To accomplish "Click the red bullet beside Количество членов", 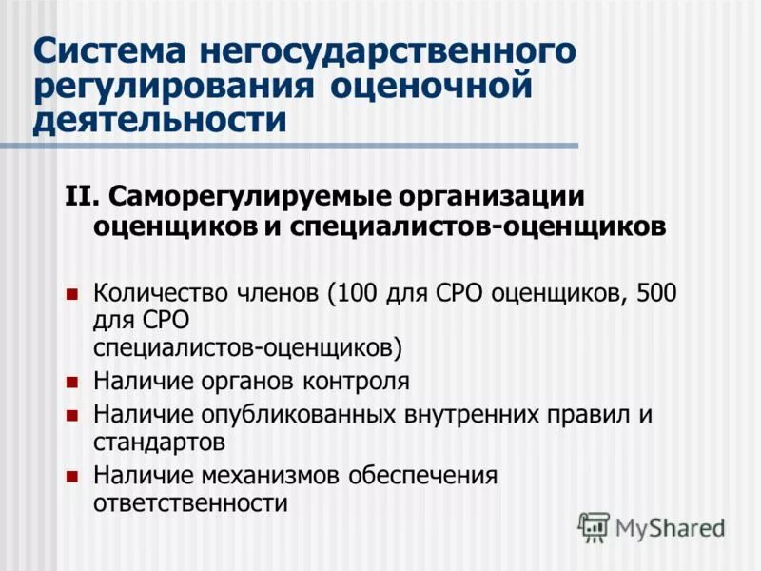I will (x=71, y=293).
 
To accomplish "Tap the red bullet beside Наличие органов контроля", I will (x=71, y=383).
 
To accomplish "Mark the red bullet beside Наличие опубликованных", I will (x=71, y=416).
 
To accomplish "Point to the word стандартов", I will (x=159, y=443).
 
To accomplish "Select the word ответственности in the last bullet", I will (x=190, y=502).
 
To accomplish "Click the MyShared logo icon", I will (x=594, y=526).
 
